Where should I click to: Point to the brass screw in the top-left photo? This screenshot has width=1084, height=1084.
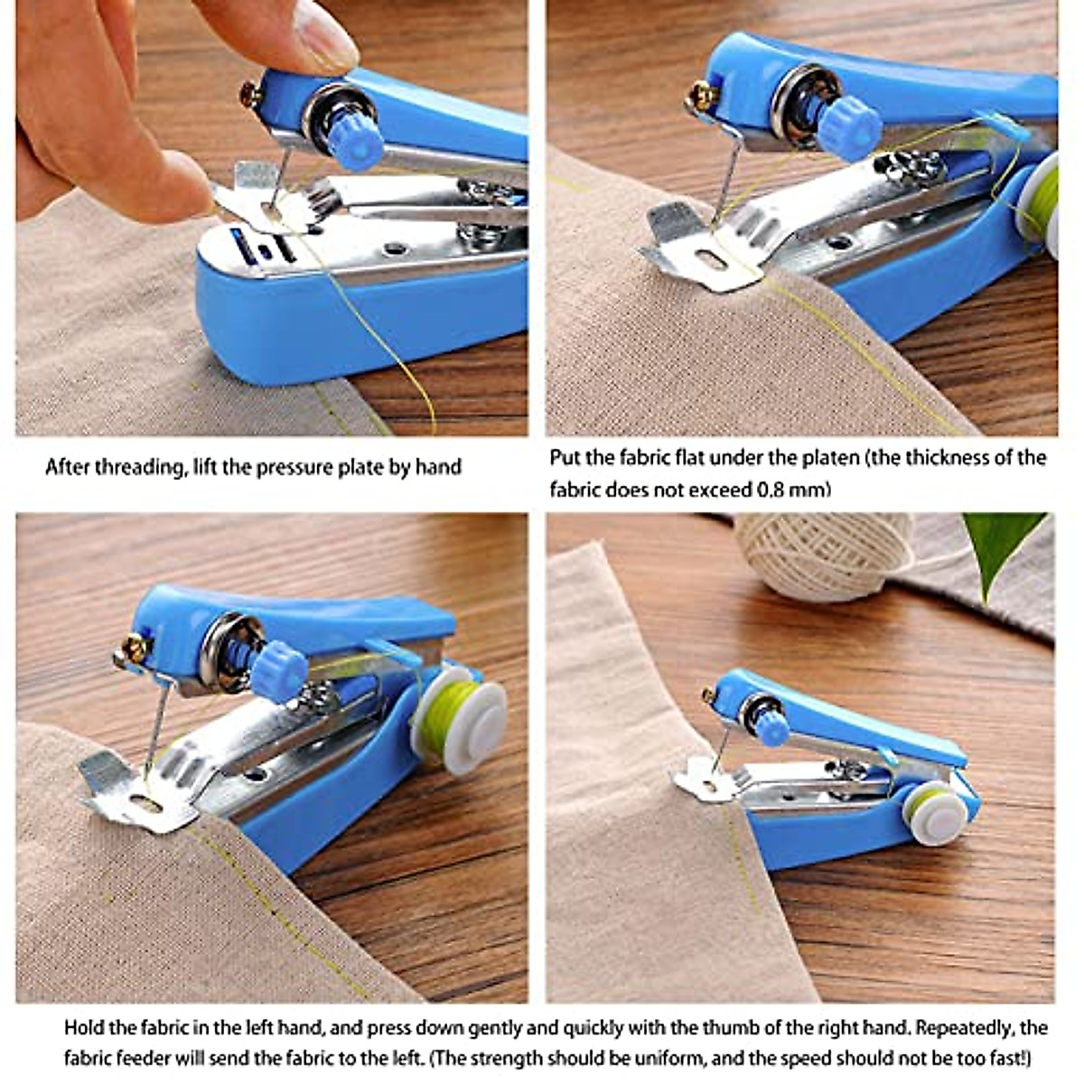pyautogui.click(x=250, y=93)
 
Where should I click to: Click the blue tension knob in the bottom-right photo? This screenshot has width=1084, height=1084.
pyautogui.click(x=773, y=728)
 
